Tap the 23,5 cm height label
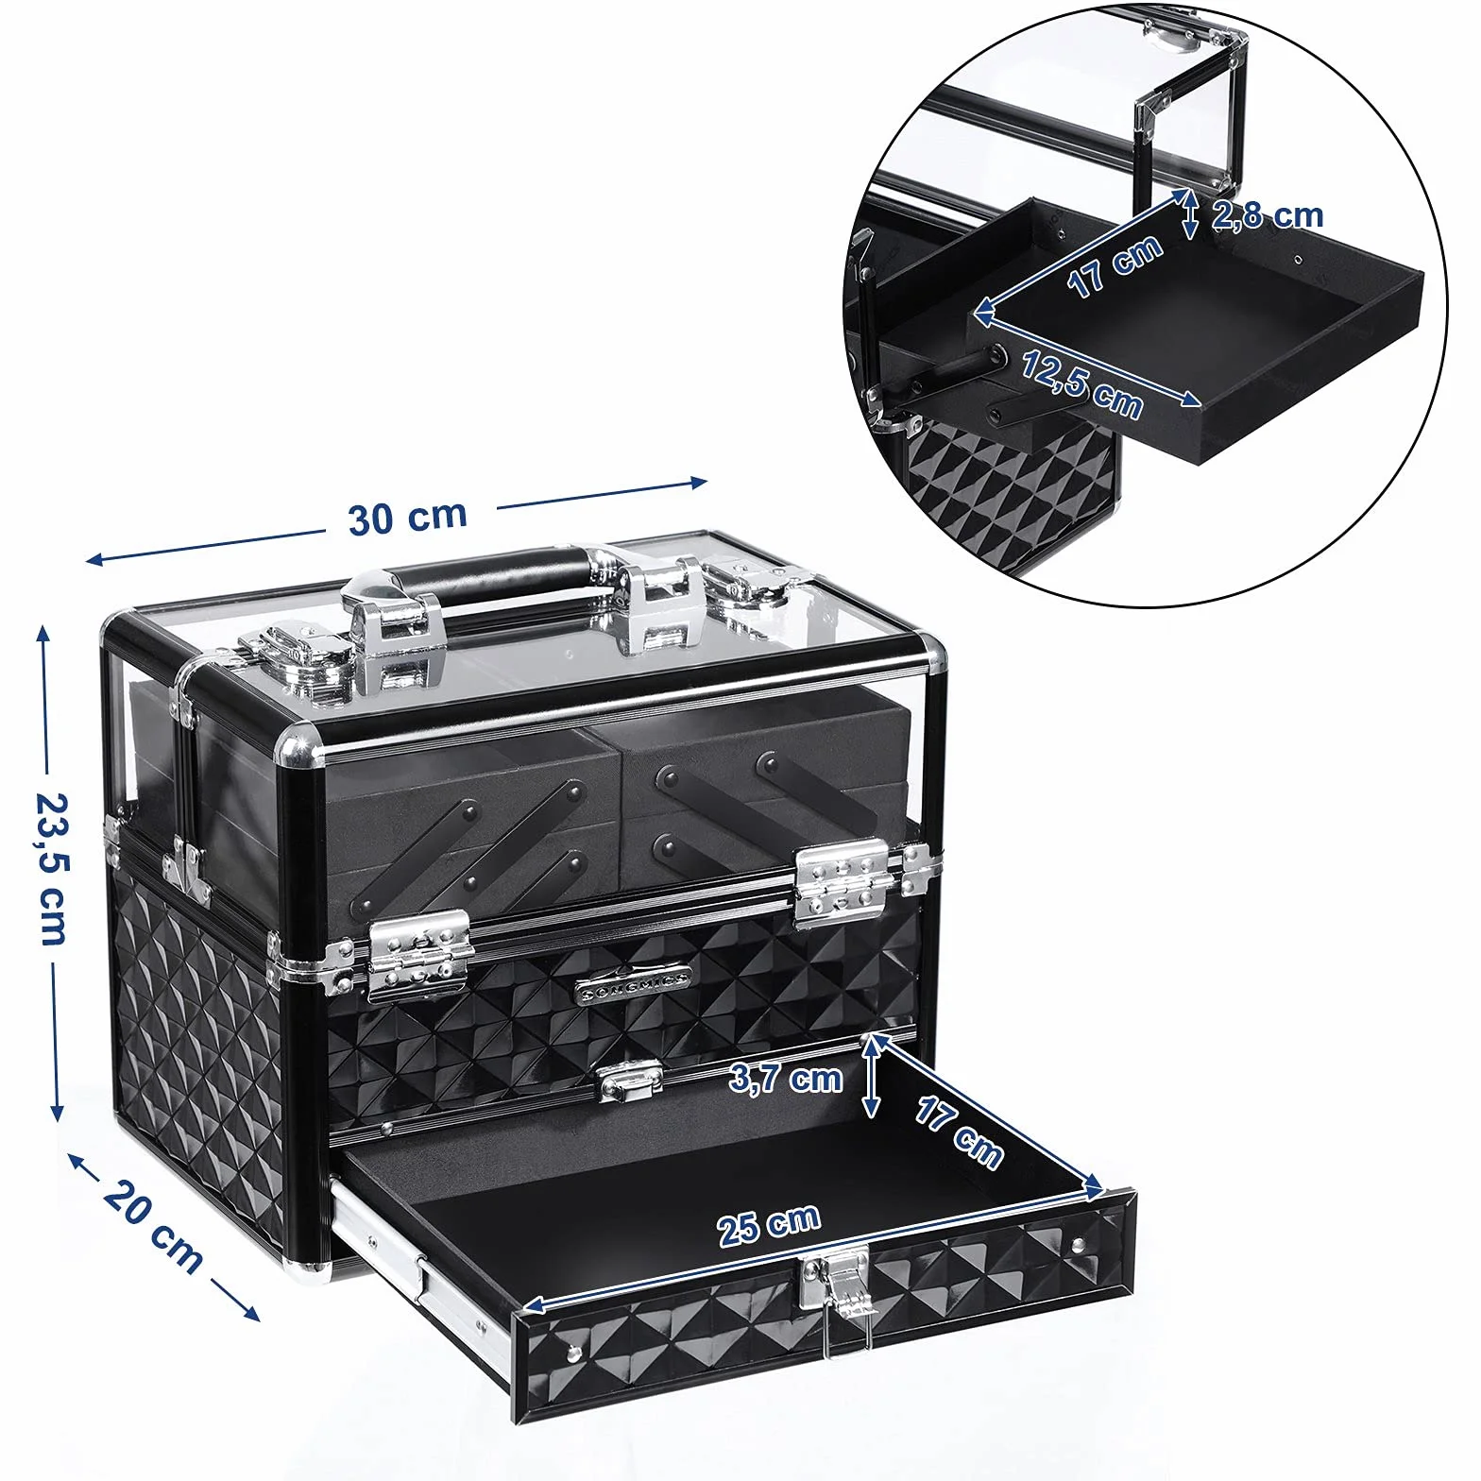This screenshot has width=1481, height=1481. (x=50, y=867)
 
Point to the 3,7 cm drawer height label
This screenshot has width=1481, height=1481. (x=785, y=1078)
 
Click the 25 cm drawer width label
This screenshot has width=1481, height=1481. (x=769, y=1225)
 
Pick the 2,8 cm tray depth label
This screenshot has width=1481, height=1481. (x=1268, y=216)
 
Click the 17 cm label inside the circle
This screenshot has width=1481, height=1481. (x=1115, y=265)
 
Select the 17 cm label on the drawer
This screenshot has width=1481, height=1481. (x=958, y=1133)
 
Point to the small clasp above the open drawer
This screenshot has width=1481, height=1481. (x=630, y=1080)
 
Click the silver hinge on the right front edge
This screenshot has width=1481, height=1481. (x=843, y=883)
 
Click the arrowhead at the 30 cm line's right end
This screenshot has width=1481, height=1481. (x=698, y=483)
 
